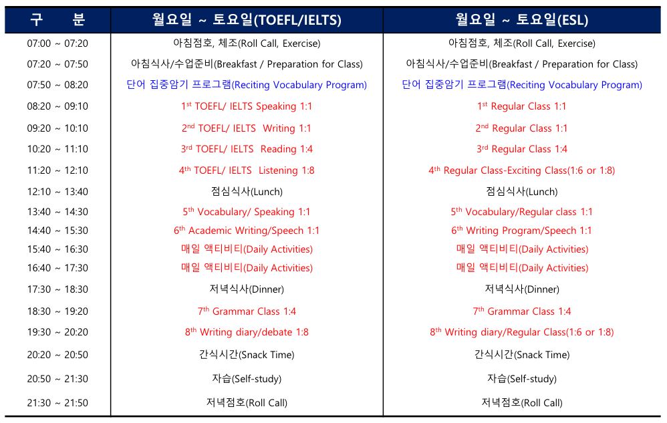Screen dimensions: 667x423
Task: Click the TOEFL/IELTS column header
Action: pos(247,19)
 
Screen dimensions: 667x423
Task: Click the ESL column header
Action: pos(522,19)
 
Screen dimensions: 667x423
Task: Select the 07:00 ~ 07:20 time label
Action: pos(57,43)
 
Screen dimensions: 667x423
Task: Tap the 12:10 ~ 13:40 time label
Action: pos(57,192)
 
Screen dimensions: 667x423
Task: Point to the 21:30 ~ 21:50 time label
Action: pos(57,402)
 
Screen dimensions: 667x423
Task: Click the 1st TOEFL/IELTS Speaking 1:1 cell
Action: pos(247,106)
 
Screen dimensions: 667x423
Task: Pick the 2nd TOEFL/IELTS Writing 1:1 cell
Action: pos(247,128)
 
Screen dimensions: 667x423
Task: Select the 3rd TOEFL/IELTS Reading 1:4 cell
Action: pos(247,149)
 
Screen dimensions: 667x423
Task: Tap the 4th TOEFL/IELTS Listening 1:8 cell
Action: pos(247,170)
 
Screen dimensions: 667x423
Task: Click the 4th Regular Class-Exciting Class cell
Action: pos(522,170)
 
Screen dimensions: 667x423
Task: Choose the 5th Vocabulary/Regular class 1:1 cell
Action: pos(522,212)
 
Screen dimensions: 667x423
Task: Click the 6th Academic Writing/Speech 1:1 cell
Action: pos(247,231)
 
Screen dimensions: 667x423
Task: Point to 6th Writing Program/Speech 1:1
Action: pos(522,231)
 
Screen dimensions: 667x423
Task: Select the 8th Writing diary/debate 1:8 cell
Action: pos(247,332)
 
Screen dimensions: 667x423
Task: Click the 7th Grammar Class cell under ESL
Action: pos(522,311)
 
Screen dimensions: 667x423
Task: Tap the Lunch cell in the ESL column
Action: pos(522,192)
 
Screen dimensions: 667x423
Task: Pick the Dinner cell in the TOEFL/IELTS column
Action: pos(247,289)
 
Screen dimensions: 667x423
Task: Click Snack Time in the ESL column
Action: pos(522,355)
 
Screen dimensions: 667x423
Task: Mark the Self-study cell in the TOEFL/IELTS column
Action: pos(247,378)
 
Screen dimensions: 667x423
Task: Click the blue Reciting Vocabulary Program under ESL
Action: pos(522,85)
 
